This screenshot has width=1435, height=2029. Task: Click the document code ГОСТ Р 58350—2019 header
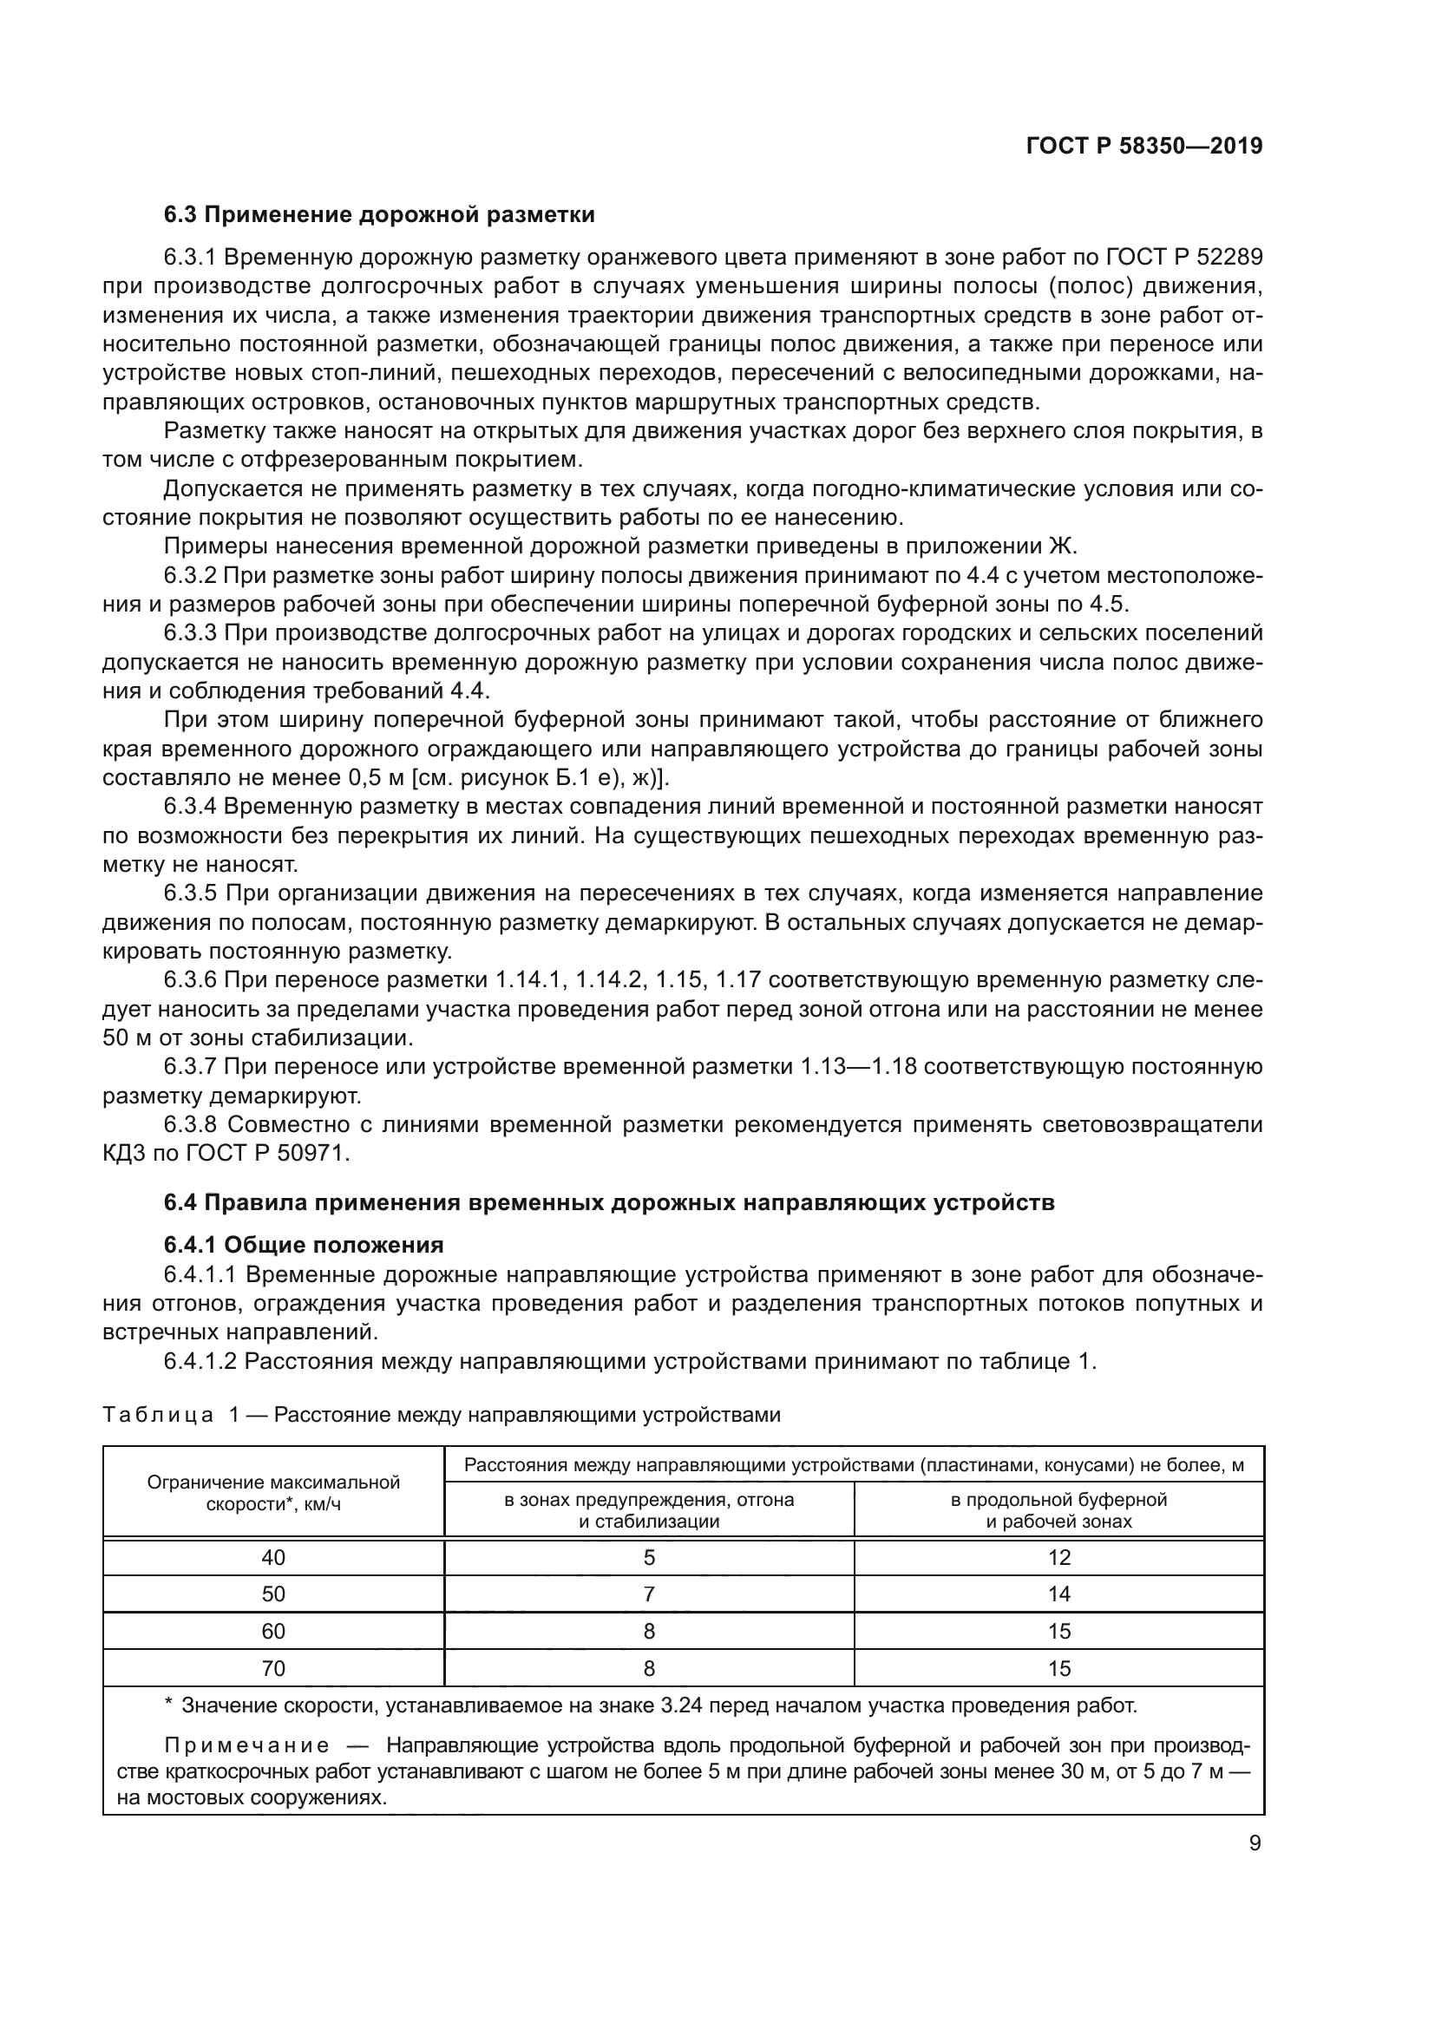(x=1143, y=146)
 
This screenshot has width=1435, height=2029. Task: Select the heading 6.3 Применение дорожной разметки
(x=379, y=215)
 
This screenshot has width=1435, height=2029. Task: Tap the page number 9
(x=1255, y=1843)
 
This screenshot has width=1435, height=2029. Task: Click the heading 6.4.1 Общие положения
(x=303, y=1245)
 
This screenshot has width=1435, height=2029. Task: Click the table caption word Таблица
(x=158, y=1415)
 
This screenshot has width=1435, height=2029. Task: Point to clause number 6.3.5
(x=190, y=893)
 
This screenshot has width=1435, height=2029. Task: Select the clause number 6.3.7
(x=190, y=1067)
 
